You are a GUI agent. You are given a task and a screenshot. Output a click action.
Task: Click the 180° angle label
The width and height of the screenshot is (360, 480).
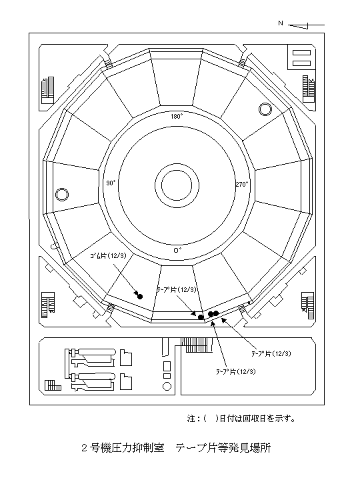(x=177, y=116)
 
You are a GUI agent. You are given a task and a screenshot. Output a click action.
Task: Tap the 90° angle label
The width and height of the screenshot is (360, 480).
(x=111, y=183)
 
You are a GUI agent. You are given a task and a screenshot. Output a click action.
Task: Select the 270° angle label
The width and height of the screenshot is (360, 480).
(x=242, y=184)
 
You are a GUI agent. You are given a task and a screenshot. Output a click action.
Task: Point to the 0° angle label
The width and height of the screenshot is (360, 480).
(x=177, y=250)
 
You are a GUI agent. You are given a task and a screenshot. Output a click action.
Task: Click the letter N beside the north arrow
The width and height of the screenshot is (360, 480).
(x=281, y=23)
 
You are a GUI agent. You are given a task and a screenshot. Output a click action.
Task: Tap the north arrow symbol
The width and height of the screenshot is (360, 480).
(x=306, y=26)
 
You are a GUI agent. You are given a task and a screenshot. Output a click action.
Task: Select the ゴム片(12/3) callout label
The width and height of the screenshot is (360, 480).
(x=108, y=256)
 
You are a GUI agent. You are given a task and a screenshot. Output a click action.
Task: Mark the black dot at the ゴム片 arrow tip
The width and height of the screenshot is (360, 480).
(x=140, y=296)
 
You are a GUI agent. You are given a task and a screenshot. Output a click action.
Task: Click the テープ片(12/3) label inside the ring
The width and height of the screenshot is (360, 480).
(x=176, y=289)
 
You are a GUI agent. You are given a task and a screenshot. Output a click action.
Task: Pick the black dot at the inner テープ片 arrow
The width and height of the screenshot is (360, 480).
(x=201, y=317)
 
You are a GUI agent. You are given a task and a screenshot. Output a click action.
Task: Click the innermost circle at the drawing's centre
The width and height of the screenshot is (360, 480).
(x=177, y=185)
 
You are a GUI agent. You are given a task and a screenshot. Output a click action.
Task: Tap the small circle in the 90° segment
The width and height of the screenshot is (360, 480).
(x=62, y=195)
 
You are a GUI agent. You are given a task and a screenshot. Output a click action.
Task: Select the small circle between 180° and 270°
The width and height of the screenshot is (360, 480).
(x=265, y=109)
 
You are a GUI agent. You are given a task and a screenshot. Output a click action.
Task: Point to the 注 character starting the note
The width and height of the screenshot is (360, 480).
(x=191, y=419)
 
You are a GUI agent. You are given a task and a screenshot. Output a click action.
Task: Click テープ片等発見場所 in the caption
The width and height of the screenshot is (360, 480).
(x=223, y=448)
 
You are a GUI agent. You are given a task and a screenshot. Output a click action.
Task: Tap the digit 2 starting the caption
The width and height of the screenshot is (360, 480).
(x=84, y=449)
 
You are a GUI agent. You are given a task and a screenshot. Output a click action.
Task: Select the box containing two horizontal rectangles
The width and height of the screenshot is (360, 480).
(x=301, y=57)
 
